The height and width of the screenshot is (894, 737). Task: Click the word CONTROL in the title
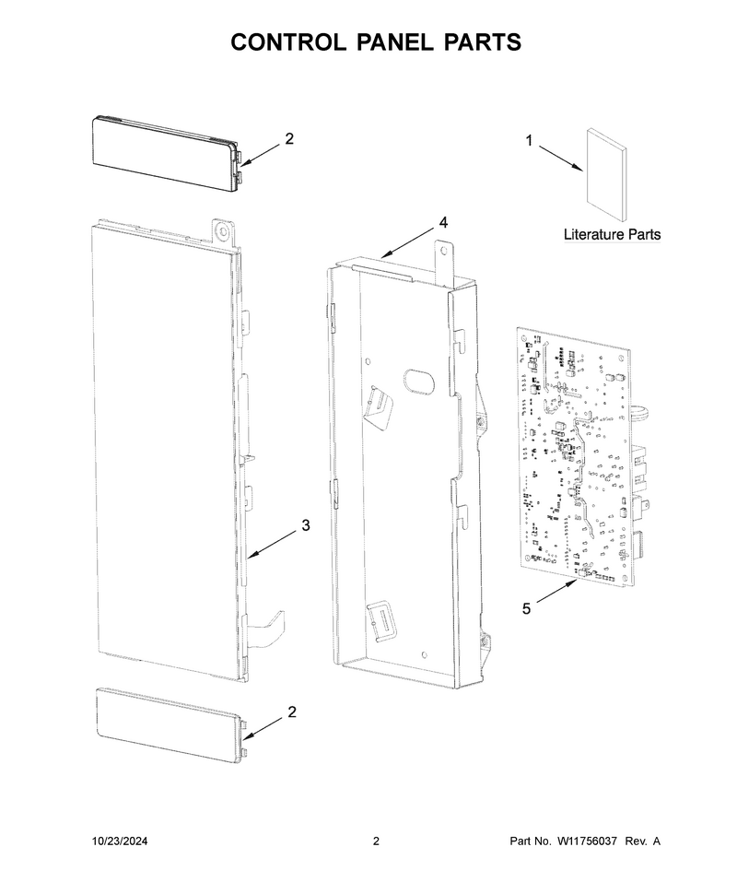pyautogui.click(x=287, y=42)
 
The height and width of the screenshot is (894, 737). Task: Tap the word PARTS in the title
pyautogui.click(x=483, y=42)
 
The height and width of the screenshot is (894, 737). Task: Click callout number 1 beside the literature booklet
pyautogui.click(x=529, y=140)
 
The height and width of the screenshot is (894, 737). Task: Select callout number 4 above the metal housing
pyautogui.click(x=443, y=222)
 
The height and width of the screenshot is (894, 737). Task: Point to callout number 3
pyautogui.click(x=306, y=525)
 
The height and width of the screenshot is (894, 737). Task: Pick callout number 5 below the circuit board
pyautogui.click(x=526, y=609)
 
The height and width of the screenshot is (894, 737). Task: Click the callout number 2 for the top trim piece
pyautogui.click(x=289, y=138)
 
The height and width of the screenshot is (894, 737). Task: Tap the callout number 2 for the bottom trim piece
pyautogui.click(x=292, y=712)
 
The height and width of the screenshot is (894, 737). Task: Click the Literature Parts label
pyautogui.click(x=613, y=234)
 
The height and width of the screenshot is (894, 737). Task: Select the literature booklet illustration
pyautogui.click(x=606, y=174)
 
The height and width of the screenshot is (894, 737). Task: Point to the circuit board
pyautogui.click(x=575, y=456)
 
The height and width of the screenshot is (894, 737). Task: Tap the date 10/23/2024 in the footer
pyautogui.click(x=120, y=841)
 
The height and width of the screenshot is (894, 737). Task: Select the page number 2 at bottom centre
pyautogui.click(x=376, y=841)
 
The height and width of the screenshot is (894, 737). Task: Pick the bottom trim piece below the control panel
pyautogui.click(x=172, y=724)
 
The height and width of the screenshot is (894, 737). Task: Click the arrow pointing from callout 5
pyautogui.click(x=556, y=592)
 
